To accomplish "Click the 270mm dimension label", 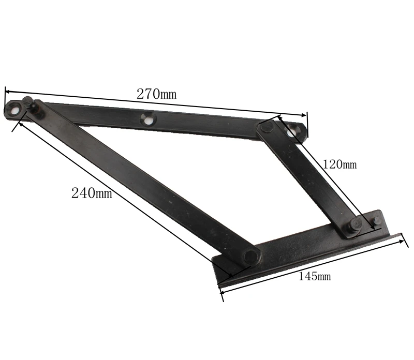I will point(156,94).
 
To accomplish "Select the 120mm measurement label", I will point(339,165).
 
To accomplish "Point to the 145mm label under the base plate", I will point(315,276).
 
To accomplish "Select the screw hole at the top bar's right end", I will point(293,132).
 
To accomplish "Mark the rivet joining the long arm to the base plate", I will point(250,256).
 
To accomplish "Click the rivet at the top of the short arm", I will point(267,126).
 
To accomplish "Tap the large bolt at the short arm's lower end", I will point(355,226).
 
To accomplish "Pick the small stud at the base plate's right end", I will point(377,220).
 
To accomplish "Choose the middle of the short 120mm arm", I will point(310,176).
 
